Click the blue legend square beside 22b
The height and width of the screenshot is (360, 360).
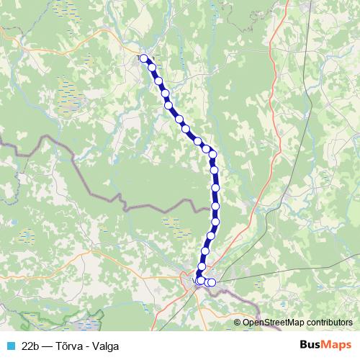pyautogui.click(x=9, y=346)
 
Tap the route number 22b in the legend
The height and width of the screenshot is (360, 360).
pyautogui.click(x=31, y=346)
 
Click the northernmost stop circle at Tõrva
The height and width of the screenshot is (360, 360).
pyautogui.click(x=143, y=58)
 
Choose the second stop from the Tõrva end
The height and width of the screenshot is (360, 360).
pyautogui.click(x=152, y=68)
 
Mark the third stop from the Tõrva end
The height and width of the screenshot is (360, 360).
pyautogui.click(x=159, y=81)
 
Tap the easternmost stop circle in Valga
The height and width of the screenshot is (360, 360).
pyautogui.click(x=212, y=282)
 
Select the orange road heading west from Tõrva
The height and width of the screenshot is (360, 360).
pyautogui.click(x=108, y=51)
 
